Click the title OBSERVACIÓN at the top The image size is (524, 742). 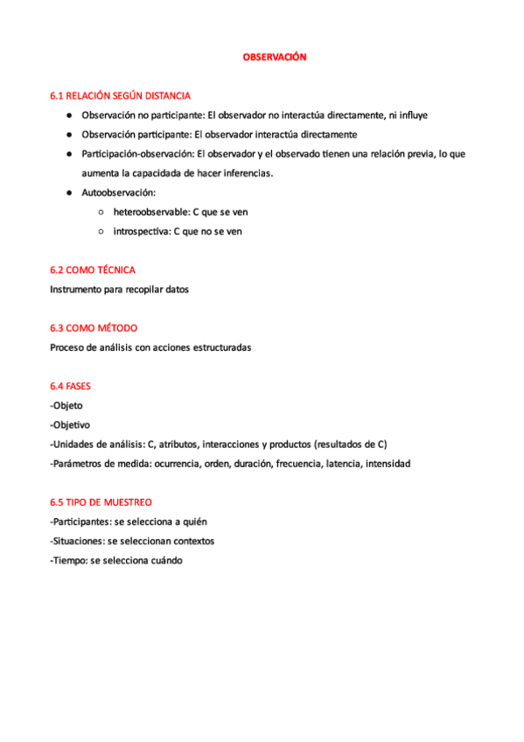[x=275, y=57]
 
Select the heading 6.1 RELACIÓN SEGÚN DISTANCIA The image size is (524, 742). [x=121, y=95]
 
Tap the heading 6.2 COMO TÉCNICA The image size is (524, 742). [x=93, y=269]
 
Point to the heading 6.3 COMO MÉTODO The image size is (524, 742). [x=94, y=328]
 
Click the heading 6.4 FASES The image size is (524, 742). [x=71, y=386]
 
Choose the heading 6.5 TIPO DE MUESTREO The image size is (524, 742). [x=101, y=502]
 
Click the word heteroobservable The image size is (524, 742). [x=151, y=212]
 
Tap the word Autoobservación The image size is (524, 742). [x=118, y=192]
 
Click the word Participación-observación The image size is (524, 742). [x=137, y=154]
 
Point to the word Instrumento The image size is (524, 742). [x=78, y=289]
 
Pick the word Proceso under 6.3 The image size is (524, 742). [x=70, y=347]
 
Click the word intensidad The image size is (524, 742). [x=388, y=464]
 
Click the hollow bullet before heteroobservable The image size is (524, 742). [x=101, y=212]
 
